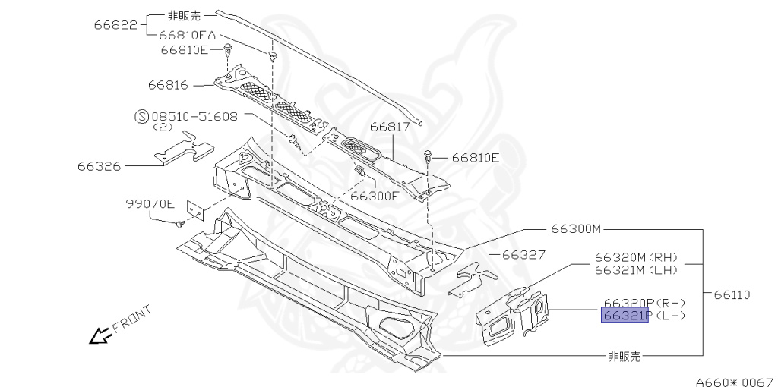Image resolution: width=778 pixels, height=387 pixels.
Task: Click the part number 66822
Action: pos(115,24)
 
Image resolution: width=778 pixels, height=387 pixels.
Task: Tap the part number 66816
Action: pos(169,86)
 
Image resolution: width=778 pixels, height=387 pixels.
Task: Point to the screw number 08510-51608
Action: pos(194,117)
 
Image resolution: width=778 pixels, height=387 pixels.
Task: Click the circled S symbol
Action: pos(141,117)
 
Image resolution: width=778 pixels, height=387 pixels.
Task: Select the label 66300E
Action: pos(375,196)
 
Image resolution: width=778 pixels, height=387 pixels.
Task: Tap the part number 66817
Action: pos(391,128)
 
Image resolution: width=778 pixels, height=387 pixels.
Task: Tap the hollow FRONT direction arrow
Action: pos(99,335)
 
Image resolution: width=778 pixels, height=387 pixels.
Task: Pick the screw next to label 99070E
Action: pos(179,224)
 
